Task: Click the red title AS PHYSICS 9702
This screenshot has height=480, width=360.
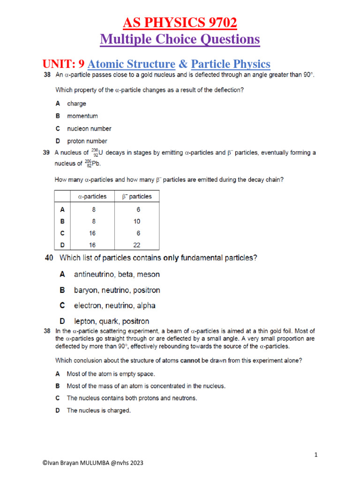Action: (180, 22)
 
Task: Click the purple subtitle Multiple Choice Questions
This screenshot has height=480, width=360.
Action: (180, 39)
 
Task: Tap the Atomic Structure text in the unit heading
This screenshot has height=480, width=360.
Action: (131, 64)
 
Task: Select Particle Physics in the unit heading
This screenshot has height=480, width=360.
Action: (231, 64)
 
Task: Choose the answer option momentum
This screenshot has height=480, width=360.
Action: (82, 116)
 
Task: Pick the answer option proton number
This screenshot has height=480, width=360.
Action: (87, 141)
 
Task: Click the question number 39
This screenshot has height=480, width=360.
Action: (46, 153)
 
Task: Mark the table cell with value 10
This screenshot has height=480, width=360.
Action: (136, 221)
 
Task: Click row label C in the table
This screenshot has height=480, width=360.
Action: (62, 233)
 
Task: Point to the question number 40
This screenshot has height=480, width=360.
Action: (49, 258)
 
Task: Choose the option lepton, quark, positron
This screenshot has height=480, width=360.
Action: (112, 322)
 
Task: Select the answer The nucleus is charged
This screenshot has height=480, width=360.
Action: (98, 410)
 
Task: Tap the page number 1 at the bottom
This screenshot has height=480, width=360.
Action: (316, 455)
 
